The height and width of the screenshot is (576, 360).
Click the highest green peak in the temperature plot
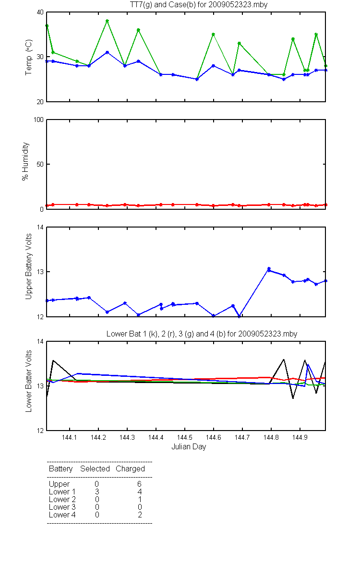pos(107,21)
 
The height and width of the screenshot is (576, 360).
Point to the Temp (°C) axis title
pos(28,57)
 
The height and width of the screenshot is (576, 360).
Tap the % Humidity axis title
pos(25,161)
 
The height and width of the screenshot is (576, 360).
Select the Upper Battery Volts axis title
pos(28,266)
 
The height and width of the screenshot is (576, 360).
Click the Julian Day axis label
pos(189,447)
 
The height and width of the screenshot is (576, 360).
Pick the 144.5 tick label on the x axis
pos(185,437)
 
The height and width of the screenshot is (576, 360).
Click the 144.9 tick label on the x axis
pos(300,437)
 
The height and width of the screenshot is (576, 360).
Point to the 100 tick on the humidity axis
pos(38,120)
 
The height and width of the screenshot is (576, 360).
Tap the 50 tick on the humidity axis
pos(40,164)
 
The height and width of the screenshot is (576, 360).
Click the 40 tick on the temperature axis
pos(40,12)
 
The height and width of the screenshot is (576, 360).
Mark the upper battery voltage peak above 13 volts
pos(269,269)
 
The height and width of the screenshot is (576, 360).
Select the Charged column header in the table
pos(130,469)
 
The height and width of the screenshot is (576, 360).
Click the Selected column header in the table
pos(95,469)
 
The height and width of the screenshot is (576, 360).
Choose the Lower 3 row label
pos(62,507)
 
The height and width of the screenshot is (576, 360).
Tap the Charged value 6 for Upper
pos(139,484)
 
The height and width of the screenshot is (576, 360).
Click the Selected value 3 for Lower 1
pos(97,492)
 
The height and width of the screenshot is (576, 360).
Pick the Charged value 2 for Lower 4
pos(140,515)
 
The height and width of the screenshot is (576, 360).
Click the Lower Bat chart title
pos(202,334)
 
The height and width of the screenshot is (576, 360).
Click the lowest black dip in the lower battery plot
pos(293,398)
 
